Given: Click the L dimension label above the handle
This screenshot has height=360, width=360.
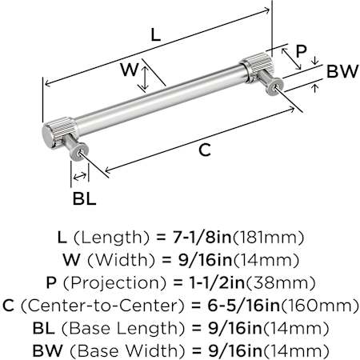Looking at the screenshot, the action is click(x=156, y=35).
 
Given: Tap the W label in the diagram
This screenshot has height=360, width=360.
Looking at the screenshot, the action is click(x=129, y=70).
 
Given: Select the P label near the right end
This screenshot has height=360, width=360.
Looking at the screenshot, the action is click(x=301, y=51).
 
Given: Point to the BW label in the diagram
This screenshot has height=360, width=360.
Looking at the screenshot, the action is click(x=342, y=71).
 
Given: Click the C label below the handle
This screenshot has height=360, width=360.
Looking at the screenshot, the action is click(x=205, y=150).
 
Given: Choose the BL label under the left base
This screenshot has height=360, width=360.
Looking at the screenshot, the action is click(x=84, y=198).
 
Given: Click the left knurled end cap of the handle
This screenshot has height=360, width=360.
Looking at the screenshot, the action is click(x=59, y=133).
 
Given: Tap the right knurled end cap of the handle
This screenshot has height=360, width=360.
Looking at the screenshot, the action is click(x=257, y=67).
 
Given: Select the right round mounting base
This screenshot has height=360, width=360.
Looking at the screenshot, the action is click(x=274, y=86).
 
